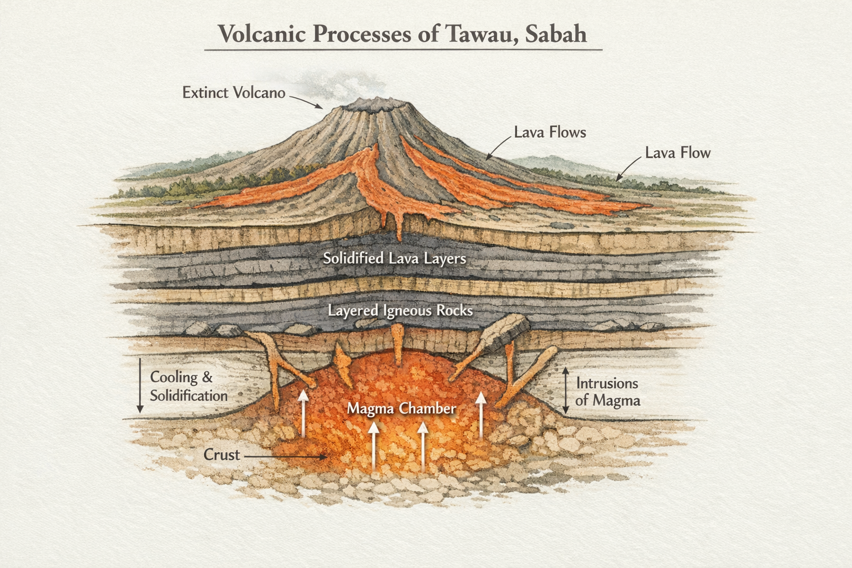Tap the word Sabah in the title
point(555,34)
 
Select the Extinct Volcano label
point(234,93)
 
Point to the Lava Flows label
point(550,132)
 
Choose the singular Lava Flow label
point(677,153)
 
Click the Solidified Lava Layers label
point(394,258)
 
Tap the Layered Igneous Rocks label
point(400,310)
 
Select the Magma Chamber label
point(401,409)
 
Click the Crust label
point(221,455)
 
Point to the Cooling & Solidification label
point(189,386)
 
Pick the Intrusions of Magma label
point(607,392)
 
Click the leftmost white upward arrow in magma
point(303,413)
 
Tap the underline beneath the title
point(403,50)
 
